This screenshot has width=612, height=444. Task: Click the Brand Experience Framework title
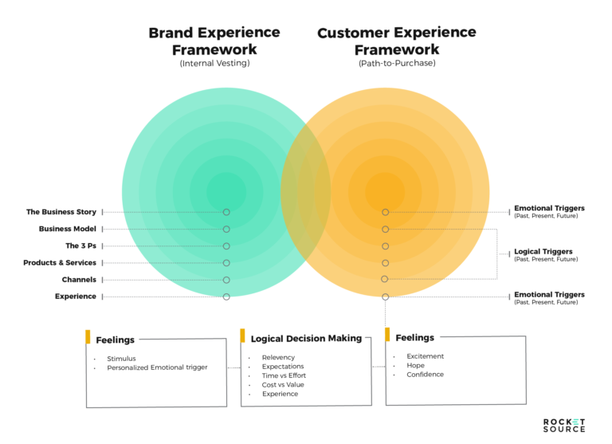(214, 41)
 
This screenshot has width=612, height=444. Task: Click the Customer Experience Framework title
(396, 41)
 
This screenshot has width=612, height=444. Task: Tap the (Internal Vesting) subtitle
(214, 63)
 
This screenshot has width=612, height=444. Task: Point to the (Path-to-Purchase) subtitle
(396, 63)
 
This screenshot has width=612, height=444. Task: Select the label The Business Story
(61, 212)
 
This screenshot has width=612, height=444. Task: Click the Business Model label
(68, 229)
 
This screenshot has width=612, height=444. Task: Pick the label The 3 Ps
(80, 246)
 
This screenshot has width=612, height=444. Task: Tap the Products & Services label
(60, 262)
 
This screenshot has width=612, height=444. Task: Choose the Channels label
(79, 280)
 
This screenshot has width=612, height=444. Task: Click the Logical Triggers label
(543, 252)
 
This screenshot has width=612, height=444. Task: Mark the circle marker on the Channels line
(226, 280)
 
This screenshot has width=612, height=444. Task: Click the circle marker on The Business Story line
(226, 212)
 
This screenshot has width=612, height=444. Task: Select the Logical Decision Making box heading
(306, 338)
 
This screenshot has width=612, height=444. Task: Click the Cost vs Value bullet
(283, 385)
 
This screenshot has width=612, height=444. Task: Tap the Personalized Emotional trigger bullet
(157, 367)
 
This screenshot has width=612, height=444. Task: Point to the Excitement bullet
(425, 356)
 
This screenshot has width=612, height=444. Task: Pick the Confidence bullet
(425, 375)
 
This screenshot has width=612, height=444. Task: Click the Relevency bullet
(278, 357)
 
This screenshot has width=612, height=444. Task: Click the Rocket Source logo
(563, 424)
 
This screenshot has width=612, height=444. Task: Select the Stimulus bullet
(121, 359)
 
